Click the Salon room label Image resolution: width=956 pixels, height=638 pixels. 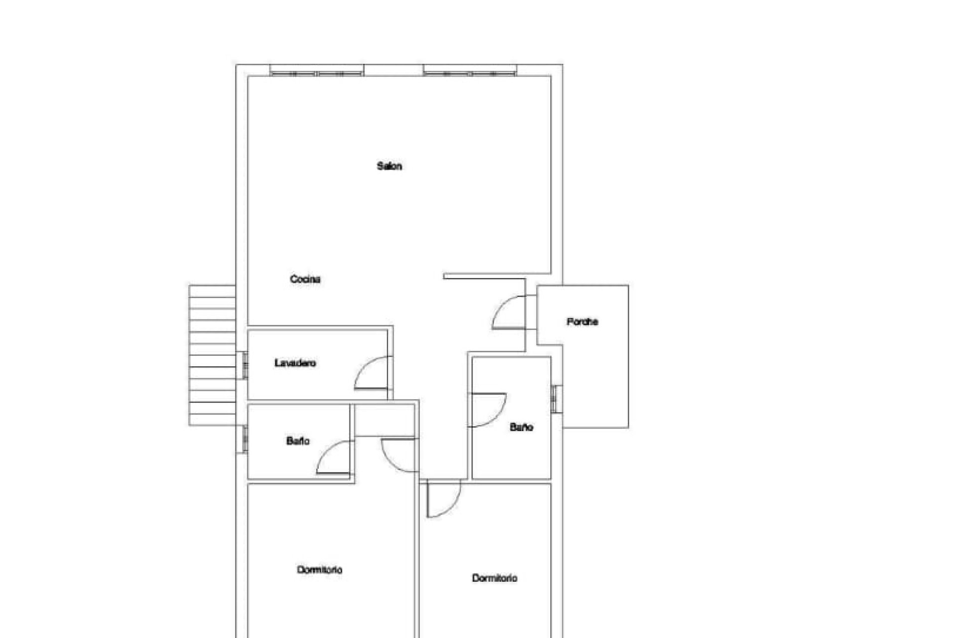pos(389,166)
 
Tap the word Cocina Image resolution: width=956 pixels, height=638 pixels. pos(305,279)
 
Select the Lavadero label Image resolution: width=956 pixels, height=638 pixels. pos(295,363)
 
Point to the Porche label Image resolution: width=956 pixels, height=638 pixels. pos(582,322)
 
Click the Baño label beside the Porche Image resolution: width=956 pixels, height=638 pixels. pos(521,427)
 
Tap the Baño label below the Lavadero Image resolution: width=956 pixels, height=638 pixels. pos(298,441)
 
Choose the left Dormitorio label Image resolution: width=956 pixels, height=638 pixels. pos(320,570)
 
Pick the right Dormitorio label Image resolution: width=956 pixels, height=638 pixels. pos(494,578)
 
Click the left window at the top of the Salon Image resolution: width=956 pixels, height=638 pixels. pos(317,71)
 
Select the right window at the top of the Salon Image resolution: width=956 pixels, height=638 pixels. pos(470,71)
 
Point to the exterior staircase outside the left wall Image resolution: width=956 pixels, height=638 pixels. pos(212,355)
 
